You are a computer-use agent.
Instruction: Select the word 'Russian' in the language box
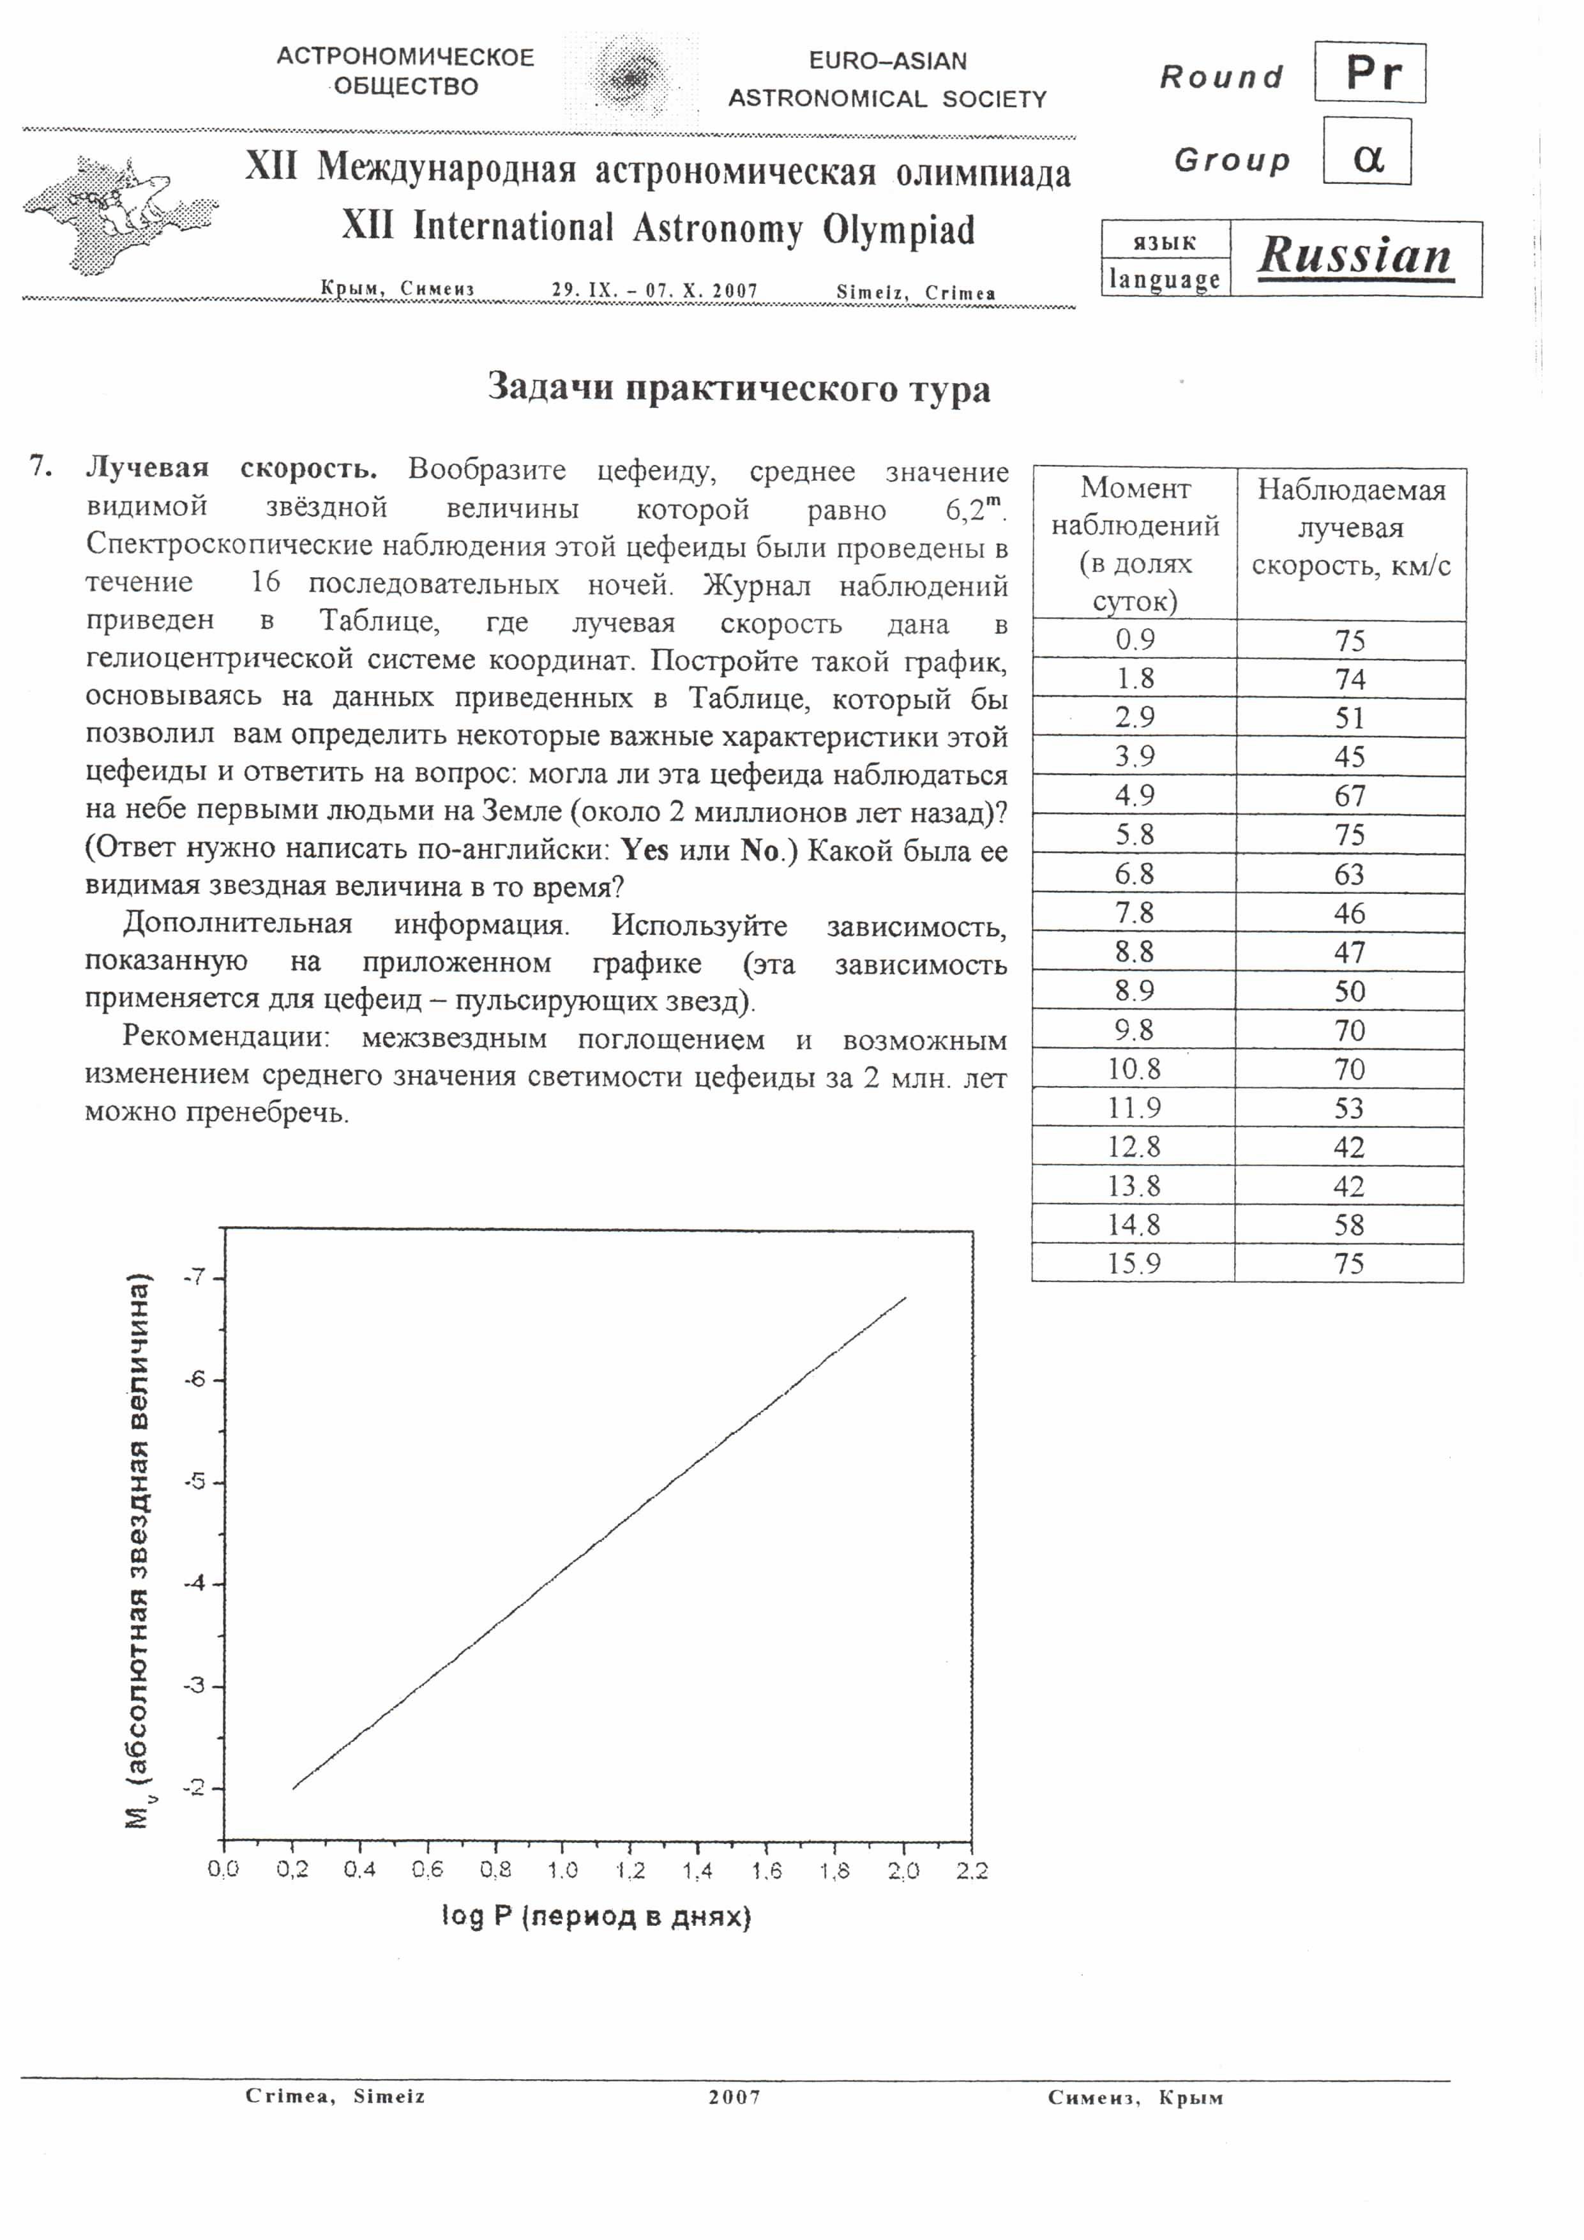pyautogui.click(x=1355, y=257)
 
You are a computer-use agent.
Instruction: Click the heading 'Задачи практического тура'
pyautogui.click(x=738, y=388)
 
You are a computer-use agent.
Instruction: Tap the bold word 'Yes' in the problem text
pyautogui.click(x=645, y=850)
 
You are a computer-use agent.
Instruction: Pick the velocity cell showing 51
pyautogui.click(x=1349, y=718)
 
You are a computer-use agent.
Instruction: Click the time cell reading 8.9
pyautogui.click(x=1135, y=991)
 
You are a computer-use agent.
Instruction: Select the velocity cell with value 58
pyautogui.click(x=1349, y=1225)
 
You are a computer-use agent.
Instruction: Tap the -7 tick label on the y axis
pyautogui.click(x=196, y=1277)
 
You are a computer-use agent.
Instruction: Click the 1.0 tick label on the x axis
pyautogui.click(x=562, y=1870)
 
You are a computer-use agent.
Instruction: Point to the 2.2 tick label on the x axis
pyautogui.click(x=972, y=1870)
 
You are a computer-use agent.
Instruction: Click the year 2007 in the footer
pyautogui.click(x=734, y=2096)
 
